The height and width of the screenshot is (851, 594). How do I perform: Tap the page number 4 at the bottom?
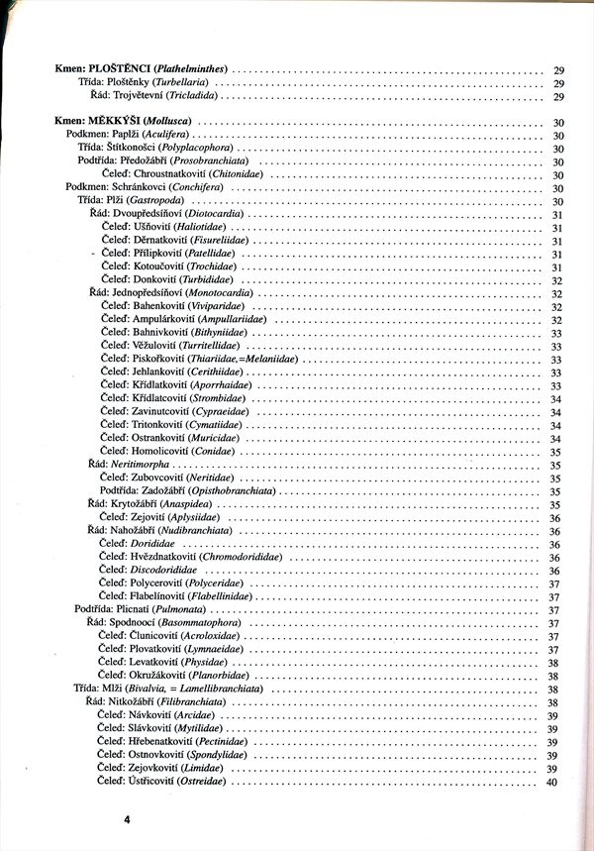coord(127,819)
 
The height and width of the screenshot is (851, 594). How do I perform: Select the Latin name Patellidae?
coord(209,255)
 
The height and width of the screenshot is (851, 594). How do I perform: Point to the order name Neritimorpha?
coord(140,464)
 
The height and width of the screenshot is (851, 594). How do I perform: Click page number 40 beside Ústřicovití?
coord(552,783)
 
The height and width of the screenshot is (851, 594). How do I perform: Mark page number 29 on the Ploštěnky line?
coord(558,83)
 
